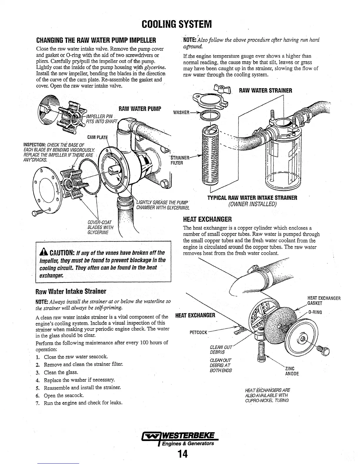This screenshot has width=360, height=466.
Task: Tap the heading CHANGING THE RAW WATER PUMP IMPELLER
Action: tap(96, 40)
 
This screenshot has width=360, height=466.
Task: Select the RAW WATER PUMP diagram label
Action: tap(140, 109)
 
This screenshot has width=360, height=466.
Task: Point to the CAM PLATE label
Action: tap(98, 137)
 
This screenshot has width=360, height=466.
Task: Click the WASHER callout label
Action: tap(181, 112)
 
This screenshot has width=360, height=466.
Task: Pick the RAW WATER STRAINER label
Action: tap(266, 90)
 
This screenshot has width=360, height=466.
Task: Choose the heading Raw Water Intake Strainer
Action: tap(70, 292)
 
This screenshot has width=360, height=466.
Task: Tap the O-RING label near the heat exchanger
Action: tap(315, 312)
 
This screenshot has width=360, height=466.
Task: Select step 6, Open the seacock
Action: tap(64, 395)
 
